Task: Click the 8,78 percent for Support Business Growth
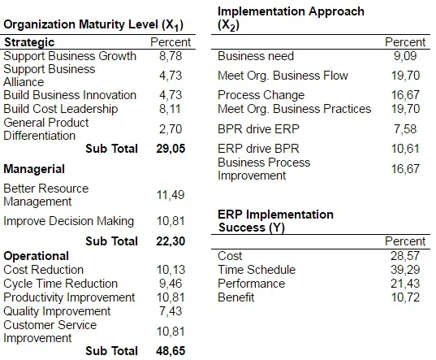[x=171, y=56]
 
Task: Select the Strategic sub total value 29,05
[x=171, y=149]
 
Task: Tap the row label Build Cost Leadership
[x=61, y=109]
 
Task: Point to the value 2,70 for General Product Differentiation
[x=171, y=129]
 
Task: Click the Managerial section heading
[x=34, y=169]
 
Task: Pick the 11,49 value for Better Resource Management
[x=171, y=195]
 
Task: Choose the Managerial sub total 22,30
[x=171, y=241]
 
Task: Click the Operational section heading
[x=37, y=256]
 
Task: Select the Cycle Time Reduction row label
[x=61, y=284]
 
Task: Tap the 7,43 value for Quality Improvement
[x=171, y=311]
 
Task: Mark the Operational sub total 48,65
[x=171, y=351]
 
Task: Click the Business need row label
[x=256, y=56]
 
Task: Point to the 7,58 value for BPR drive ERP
[x=405, y=129]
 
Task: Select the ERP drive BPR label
[x=259, y=149]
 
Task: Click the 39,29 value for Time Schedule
[x=405, y=270]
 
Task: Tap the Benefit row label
[x=236, y=297]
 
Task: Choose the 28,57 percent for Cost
[x=405, y=256]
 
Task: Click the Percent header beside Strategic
[x=171, y=42]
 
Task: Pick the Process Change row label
[x=261, y=95]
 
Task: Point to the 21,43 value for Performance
[x=405, y=284]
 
